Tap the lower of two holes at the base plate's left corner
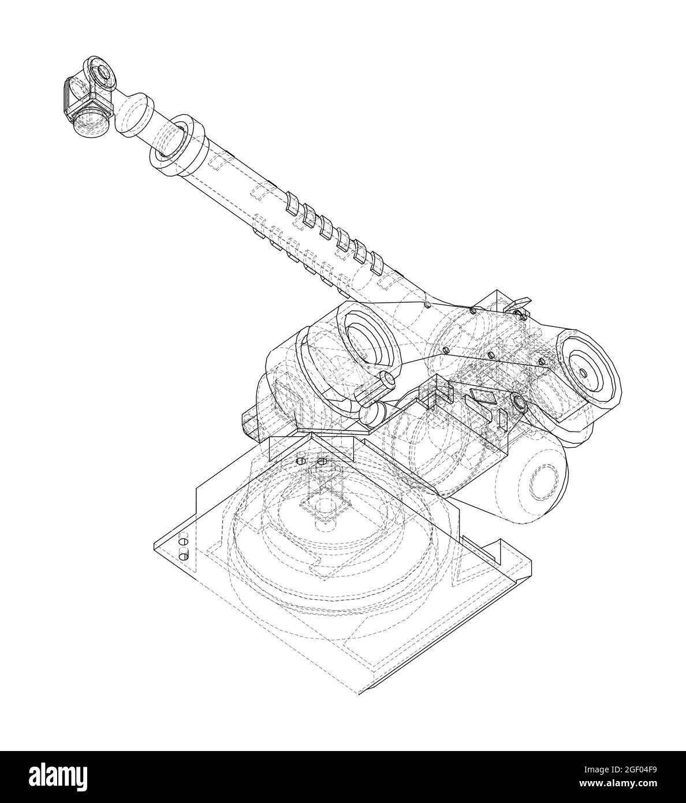[184, 556]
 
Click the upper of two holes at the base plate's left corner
[184, 542]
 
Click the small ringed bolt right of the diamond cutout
[518, 402]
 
